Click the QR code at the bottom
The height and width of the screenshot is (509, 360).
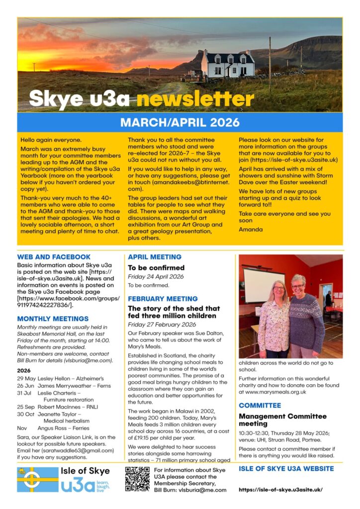[x=137, y=479]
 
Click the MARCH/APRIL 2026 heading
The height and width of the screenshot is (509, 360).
[x=180, y=122]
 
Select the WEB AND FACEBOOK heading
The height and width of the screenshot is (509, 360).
[x=54, y=257]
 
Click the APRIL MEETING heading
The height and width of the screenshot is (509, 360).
[x=155, y=257]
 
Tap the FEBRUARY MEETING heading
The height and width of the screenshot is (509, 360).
[x=163, y=299]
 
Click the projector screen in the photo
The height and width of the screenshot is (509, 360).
[x=264, y=285]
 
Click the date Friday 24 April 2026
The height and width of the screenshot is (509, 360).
[x=156, y=276]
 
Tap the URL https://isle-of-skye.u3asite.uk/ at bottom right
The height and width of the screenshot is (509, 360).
[x=280, y=490]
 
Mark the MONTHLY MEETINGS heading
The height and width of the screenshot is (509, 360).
[x=53, y=319]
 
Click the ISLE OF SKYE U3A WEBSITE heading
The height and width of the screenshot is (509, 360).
[x=286, y=468]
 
